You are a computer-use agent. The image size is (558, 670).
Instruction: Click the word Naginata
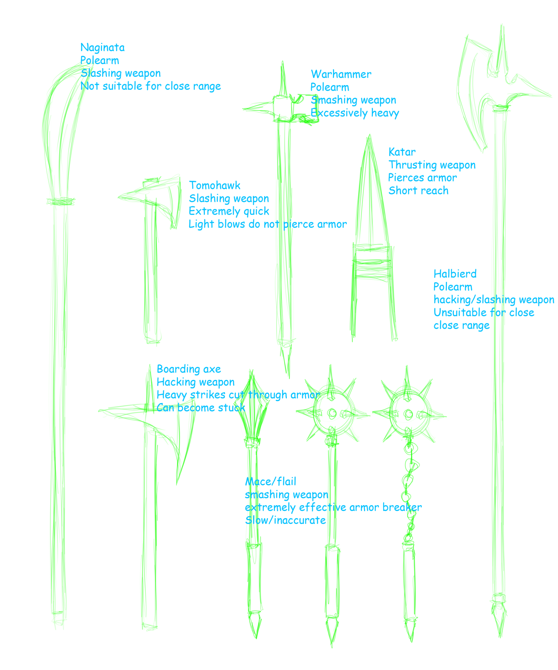point(102,48)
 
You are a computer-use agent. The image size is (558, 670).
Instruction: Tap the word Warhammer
point(341,74)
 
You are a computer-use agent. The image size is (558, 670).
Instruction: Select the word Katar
point(402,152)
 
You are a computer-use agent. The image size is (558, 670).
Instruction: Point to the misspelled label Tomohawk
point(214,185)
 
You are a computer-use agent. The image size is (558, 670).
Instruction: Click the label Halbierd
point(455,273)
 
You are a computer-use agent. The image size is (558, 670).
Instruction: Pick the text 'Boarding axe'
point(189,369)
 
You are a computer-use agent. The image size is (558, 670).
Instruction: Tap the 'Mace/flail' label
point(270,481)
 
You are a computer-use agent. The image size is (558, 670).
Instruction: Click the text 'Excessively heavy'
point(355,113)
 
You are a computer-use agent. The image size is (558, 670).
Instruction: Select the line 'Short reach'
point(418,191)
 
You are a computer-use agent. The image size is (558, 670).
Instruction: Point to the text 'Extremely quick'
point(229,211)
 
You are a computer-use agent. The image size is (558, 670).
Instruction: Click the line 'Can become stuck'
point(201,407)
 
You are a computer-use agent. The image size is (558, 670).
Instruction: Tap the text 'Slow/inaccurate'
point(285,520)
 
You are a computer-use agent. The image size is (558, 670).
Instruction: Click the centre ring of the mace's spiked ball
point(332,413)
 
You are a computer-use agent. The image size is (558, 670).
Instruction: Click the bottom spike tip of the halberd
point(500,637)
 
